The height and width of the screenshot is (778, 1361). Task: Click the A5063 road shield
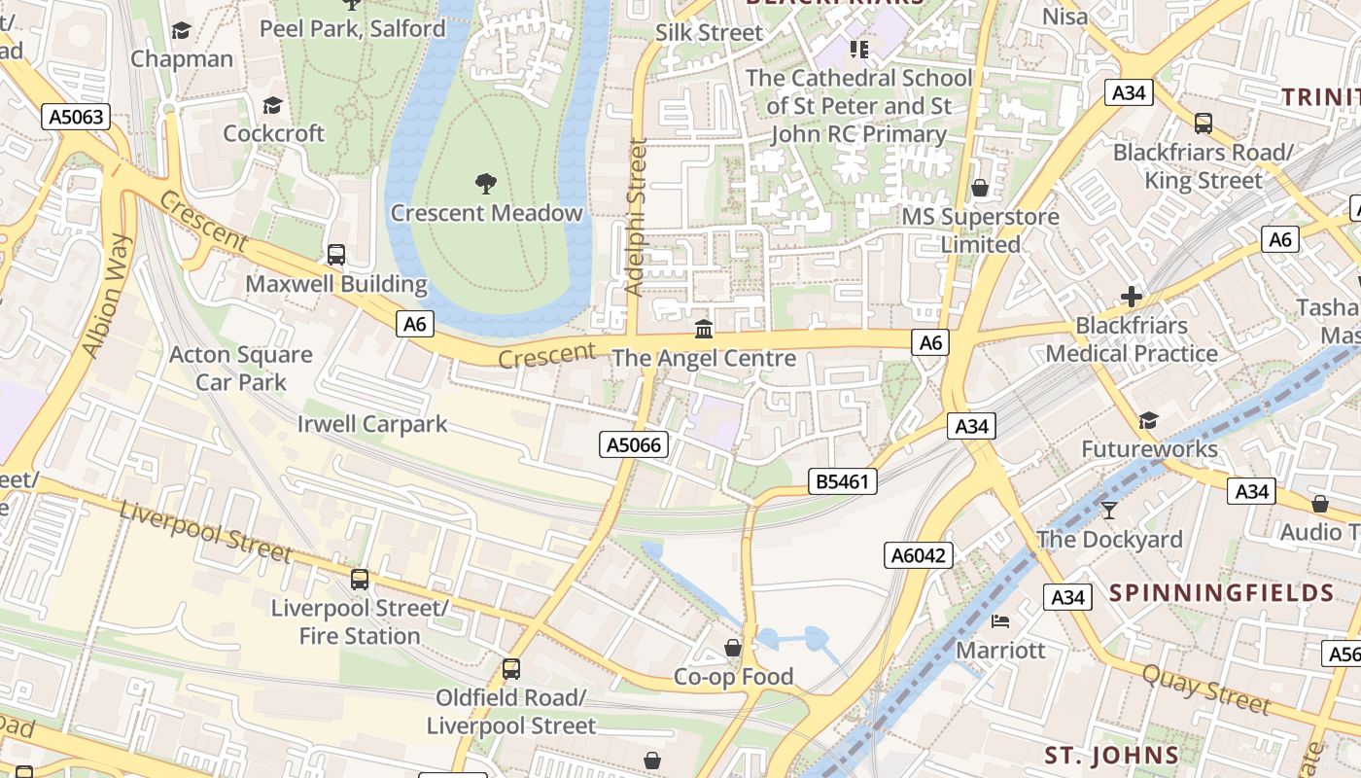point(76,118)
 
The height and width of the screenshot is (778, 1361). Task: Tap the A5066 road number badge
point(633,444)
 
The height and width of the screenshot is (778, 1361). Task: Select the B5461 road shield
point(843,480)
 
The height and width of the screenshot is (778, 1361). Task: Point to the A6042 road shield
point(919,555)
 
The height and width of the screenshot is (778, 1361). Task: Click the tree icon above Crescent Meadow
point(485,183)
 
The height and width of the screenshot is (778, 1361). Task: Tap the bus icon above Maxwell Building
point(336,255)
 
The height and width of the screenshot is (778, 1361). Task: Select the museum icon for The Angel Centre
point(704,329)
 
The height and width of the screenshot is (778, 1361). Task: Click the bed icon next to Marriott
point(1000,620)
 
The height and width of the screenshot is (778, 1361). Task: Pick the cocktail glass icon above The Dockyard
point(1108,510)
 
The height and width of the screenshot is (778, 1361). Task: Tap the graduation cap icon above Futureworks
point(1148,420)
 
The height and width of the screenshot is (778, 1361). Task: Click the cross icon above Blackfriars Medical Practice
point(1132,297)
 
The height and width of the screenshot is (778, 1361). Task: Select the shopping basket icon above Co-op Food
point(733,648)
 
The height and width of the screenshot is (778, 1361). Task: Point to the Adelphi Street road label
point(636,217)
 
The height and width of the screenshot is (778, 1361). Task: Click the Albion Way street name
point(107,296)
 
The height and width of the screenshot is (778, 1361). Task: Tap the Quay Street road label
point(1205,689)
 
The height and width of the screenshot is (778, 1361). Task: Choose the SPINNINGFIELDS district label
point(1221,592)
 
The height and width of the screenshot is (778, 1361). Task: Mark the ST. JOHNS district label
point(1111,755)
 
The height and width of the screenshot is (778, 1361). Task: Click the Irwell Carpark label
point(372,424)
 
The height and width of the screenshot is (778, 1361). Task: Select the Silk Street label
point(709,32)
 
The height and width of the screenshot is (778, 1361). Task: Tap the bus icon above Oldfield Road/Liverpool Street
point(510,669)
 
